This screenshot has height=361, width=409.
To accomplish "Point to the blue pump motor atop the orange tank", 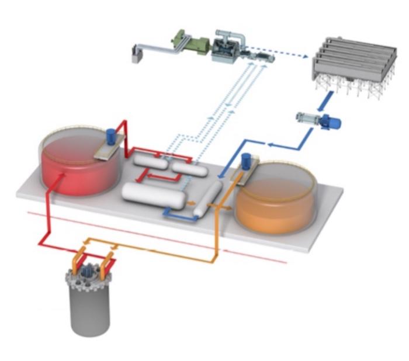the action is tap(247, 159).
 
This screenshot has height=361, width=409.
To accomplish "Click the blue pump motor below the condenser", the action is tap(334, 123).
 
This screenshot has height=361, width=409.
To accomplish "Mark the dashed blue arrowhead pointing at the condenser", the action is tap(303, 57).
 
